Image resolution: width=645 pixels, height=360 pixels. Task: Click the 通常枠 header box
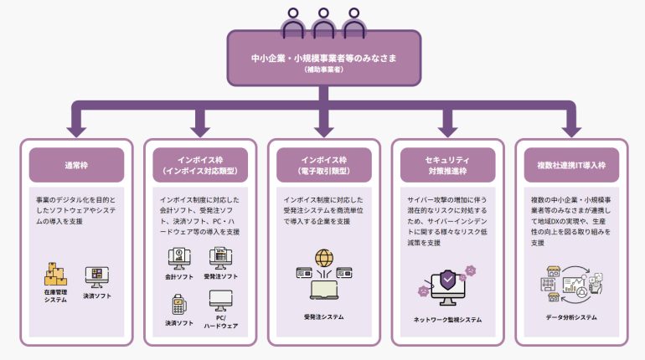click(x=76, y=165)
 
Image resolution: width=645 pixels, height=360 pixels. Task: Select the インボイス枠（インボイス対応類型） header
click(x=200, y=165)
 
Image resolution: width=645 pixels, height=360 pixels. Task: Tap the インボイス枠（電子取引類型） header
click(x=323, y=165)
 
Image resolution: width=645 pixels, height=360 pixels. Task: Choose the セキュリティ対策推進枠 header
click(x=446, y=165)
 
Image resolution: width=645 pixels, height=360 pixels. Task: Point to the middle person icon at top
click(x=323, y=20)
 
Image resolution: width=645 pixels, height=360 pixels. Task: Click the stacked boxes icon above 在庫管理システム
click(x=55, y=273)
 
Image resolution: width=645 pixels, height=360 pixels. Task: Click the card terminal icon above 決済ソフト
click(x=177, y=304)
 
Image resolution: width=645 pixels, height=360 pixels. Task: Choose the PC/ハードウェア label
click(x=221, y=321)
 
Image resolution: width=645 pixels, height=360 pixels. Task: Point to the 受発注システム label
click(x=323, y=316)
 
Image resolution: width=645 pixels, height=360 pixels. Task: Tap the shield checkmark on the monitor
click(x=447, y=277)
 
